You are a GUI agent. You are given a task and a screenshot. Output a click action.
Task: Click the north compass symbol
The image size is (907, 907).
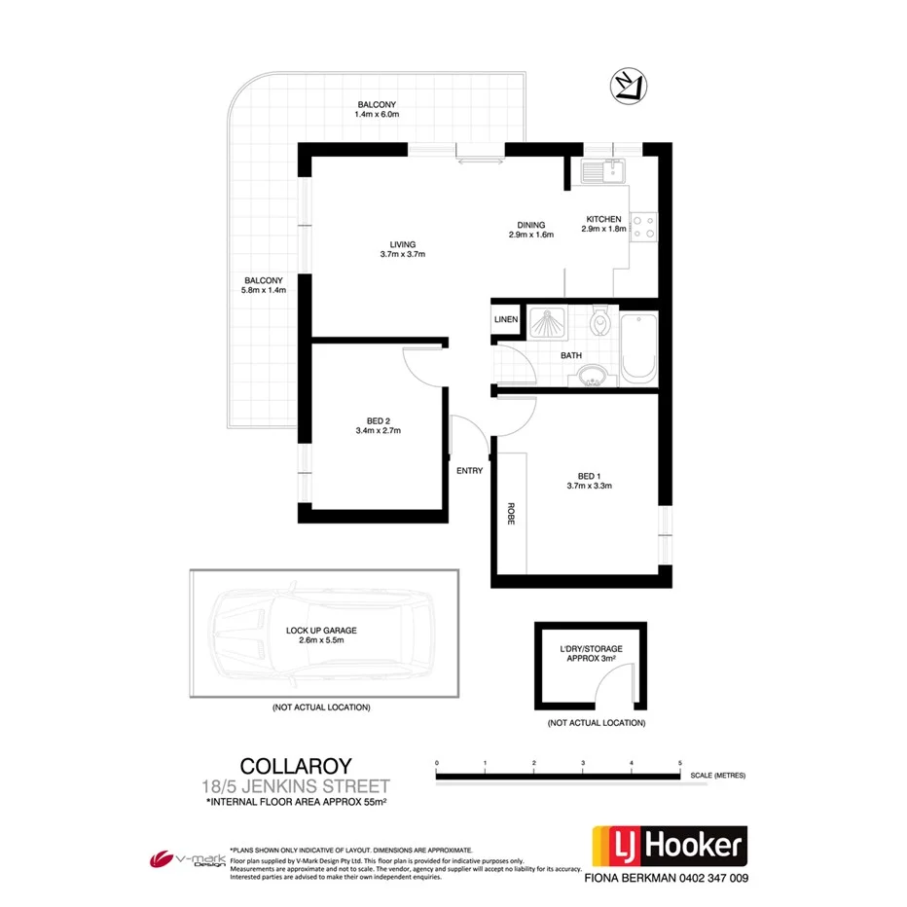click(624, 86)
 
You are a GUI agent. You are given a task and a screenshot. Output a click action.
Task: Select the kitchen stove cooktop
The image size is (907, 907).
click(642, 227)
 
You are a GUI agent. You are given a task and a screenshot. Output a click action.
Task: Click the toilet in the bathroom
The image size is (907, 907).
click(599, 320)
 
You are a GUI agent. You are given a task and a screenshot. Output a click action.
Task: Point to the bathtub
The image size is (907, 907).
click(639, 347)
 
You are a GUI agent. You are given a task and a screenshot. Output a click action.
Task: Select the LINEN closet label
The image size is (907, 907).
click(506, 320)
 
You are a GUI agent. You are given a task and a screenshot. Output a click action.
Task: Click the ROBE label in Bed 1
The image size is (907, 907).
click(509, 514)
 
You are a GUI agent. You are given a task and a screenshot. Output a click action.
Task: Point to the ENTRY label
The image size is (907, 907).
click(469, 471)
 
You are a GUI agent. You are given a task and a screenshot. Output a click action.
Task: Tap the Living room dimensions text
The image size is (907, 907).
click(403, 254)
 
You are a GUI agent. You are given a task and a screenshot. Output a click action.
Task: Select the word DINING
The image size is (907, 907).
click(530, 225)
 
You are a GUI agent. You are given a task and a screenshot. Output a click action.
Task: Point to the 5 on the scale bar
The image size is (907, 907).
click(679, 762)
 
